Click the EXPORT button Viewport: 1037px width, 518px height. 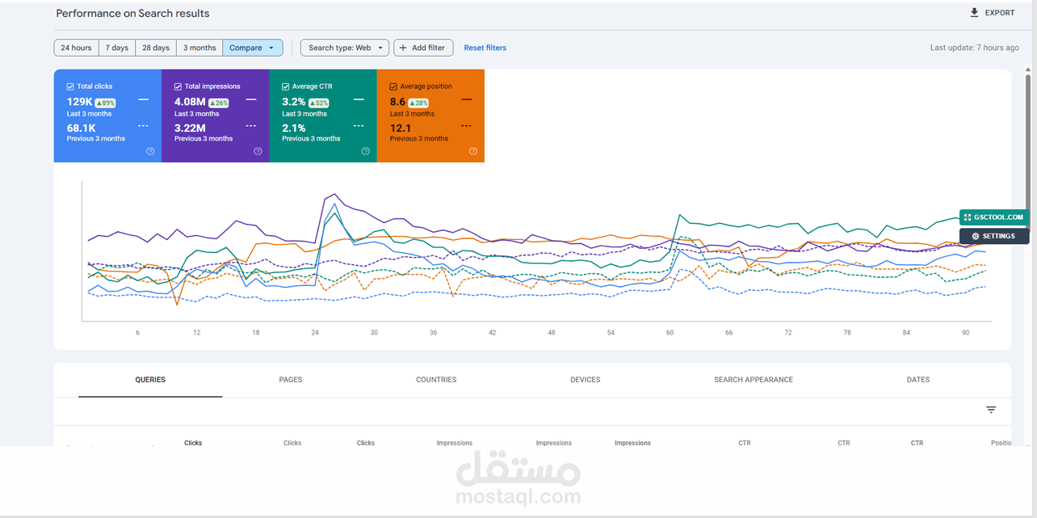click(992, 13)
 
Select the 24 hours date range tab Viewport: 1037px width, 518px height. click(77, 48)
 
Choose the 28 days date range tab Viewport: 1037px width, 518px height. click(156, 48)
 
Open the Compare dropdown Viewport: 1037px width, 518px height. click(252, 48)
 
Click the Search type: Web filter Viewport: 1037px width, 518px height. click(344, 48)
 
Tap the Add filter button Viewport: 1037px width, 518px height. click(423, 48)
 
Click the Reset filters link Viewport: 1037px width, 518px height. click(485, 48)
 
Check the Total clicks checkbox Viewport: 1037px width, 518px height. click(70, 86)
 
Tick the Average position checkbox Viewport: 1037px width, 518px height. click(393, 86)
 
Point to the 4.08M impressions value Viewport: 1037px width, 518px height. click(190, 102)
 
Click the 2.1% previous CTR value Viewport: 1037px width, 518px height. click(293, 128)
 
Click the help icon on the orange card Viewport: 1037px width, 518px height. click(473, 151)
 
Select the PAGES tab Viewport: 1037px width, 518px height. click(290, 380)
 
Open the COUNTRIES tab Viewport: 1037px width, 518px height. click(436, 380)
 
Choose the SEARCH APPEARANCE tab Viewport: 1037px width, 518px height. click(754, 380)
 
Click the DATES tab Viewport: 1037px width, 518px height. click(918, 380)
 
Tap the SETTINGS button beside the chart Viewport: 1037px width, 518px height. click(994, 236)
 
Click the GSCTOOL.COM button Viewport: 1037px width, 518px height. click(994, 217)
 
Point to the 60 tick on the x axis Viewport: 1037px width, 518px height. click(670, 332)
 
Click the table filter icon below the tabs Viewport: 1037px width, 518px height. click(991, 410)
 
